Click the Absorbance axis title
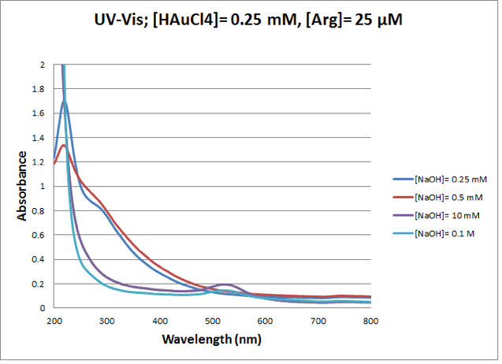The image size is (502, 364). [x=24, y=187]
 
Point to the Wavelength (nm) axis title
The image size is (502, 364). [x=212, y=340]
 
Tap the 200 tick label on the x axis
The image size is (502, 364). [x=54, y=321]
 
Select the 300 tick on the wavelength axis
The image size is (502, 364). [x=106, y=321]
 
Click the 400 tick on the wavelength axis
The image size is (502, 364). [x=159, y=321]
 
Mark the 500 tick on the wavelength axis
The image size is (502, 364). [x=212, y=321]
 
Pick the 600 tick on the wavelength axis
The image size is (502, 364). [x=266, y=321]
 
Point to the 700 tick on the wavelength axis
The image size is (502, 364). [x=318, y=321]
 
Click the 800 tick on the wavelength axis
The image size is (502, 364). [x=371, y=321]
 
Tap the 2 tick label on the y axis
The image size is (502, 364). [x=43, y=65]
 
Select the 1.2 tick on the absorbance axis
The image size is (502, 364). [x=40, y=162]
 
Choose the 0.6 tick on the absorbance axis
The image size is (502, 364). [x=40, y=236]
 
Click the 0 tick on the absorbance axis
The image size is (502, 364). [x=43, y=308]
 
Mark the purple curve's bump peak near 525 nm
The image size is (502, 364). [x=225, y=284]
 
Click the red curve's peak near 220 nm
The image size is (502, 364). [x=63, y=145]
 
